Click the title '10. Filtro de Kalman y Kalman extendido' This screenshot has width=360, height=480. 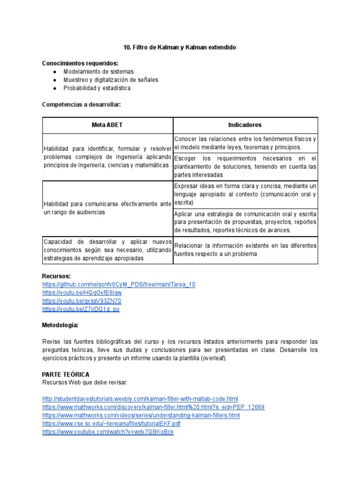click(180, 48)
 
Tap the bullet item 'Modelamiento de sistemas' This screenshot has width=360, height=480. click(98, 72)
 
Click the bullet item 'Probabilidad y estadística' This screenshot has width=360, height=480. click(97, 88)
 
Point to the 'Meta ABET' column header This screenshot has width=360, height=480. click(107, 125)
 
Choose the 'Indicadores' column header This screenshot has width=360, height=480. click(245, 125)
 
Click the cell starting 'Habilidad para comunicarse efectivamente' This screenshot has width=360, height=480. click(107, 208)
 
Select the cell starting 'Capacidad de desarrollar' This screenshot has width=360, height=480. click(107, 250)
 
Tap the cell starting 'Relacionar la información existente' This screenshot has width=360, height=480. click(245, 250)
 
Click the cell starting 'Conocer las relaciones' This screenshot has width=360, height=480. click(245, 143)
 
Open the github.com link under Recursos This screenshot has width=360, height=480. click(119, 285)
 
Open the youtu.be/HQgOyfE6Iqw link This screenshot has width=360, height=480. click(82, 293)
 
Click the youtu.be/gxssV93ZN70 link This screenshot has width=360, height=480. click(82, 301)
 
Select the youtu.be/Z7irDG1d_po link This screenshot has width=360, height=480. click(81, 309)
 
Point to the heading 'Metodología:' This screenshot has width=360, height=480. click(60, 325)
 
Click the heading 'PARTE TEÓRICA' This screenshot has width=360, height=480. click(66, 374)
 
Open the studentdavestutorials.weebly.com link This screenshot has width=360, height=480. click(140, 399)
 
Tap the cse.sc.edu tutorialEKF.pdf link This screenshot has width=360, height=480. click(111, 423)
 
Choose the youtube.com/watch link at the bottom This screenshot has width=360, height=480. click(108, 432)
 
